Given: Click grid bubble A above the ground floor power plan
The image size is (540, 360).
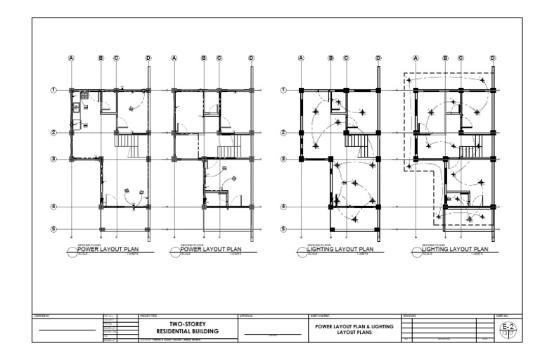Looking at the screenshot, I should [71, 58].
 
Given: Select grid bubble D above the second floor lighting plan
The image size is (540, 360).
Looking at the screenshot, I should [492, 58].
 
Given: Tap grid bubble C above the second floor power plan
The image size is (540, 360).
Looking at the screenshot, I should [219, 58].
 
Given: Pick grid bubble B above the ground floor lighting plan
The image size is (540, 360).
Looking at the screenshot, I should [331, 58].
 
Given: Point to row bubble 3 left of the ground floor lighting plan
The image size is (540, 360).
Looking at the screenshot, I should [283, 160].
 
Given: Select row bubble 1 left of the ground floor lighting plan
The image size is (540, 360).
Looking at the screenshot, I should [283, 90].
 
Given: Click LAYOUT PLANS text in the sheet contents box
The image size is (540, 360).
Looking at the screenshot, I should [354, 332].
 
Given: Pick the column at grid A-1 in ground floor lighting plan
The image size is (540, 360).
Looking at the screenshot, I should [302, 90].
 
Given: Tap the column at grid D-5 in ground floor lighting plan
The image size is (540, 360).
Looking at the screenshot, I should [378, 229].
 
